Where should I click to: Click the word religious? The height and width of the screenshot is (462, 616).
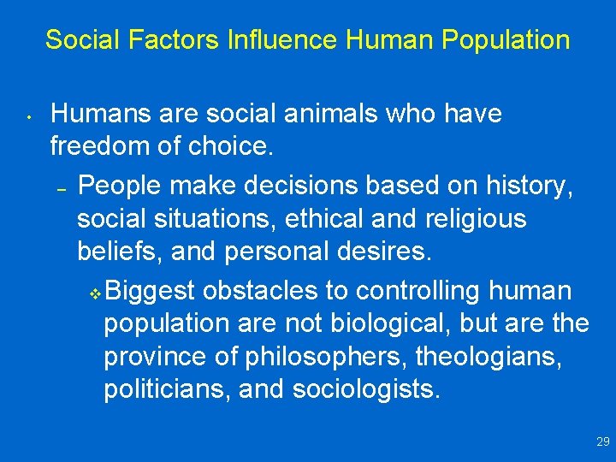(476, 219)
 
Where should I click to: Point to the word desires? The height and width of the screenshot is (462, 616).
(383, 253)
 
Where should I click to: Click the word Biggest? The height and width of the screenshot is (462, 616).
(151, 290)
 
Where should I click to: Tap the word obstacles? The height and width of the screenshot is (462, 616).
(261, 290)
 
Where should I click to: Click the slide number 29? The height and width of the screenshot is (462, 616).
(602, 442)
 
